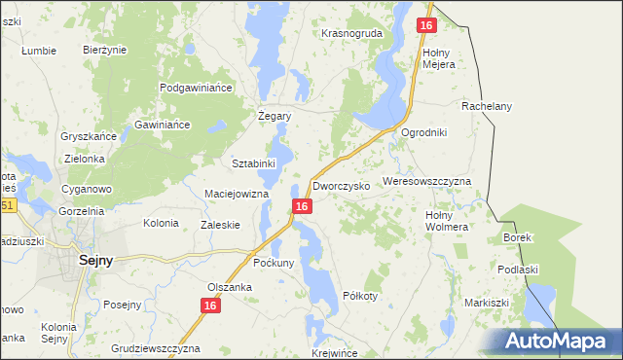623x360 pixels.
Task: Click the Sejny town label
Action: click(95, 260)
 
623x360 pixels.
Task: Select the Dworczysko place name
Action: click(341, 185)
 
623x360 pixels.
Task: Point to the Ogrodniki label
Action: click(423, 132)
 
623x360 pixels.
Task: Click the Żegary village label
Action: click(275, 115)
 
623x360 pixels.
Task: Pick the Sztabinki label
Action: click(254, 162)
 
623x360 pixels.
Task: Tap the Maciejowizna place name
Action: click(236, 194)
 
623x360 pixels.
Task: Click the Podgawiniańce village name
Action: click(199, 88)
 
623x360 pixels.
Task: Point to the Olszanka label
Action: click(230, 287)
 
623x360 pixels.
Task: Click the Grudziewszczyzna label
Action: click(156, 347)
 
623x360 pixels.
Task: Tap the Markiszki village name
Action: click(487, 303)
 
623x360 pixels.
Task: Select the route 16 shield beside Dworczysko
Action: click(302, 206)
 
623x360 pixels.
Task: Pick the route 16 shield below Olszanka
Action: click(211, 306)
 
